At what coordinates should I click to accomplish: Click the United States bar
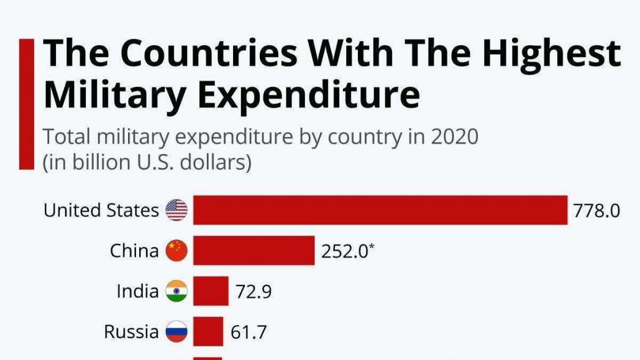[x=380, y=210]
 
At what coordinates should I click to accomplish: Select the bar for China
[x=254, y=251]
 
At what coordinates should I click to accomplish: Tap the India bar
[x=211, y=291]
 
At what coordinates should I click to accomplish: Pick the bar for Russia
[x=208, y=331]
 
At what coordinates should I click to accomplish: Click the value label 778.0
[x=597, y=211]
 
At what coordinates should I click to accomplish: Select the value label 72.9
[x=254, y=291]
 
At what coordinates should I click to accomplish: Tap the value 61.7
[x=249, y=332]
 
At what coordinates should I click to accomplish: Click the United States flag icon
[x=176, y=210]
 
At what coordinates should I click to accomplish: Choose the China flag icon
[x=176, y=251]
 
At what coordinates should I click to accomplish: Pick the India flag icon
[x=176, y=291]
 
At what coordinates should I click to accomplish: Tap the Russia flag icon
[x=176, y=331]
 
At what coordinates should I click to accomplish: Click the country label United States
[x=101, y=210]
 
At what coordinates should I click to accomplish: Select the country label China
[x=134, y=251]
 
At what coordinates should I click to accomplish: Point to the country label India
[x=138, y=291]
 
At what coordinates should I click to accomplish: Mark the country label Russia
[x=131, y=331]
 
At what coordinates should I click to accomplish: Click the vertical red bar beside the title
[x=26, y=104]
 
